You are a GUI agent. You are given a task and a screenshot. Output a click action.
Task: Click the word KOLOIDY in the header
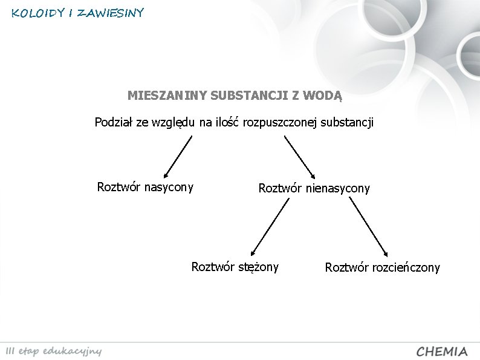pyautogui.click(x=37, y=13)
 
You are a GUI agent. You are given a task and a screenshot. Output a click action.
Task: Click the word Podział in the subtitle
pyautogui.click(x=114, y=123)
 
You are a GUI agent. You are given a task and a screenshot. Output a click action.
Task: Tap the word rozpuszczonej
pyautogui.click(x=280, y=123)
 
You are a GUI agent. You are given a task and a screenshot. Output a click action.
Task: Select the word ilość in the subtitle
pyautogui.click(x=227, y=123)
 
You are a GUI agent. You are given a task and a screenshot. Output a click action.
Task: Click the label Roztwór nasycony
pyautogui.click(x=145, y=187)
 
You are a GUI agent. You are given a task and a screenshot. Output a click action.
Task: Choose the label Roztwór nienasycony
pyautogui.click(x=314, y=188)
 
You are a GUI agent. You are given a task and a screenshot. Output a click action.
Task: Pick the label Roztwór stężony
pyautogui.click(x=235, y=267)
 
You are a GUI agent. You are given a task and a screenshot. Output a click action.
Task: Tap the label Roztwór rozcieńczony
pyautogui.click(x=383, y=267)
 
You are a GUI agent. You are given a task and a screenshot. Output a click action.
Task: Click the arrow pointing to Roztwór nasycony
pyautogui.click(x=178, y=156)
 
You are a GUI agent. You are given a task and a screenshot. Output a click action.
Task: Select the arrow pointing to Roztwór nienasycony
pyautogui.click(x=300, y=156)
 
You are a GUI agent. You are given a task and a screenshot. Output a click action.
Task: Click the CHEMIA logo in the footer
pyautogui.click(x=442, y=352)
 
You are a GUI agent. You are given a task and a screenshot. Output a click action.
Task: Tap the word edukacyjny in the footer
pyautogui.click(x=75, y=352)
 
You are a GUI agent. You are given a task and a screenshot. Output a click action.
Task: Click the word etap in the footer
pyautogui.click(x=31, y=352)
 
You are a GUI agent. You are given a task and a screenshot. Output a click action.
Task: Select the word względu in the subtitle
pyautogui.click(x=172, y=123)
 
